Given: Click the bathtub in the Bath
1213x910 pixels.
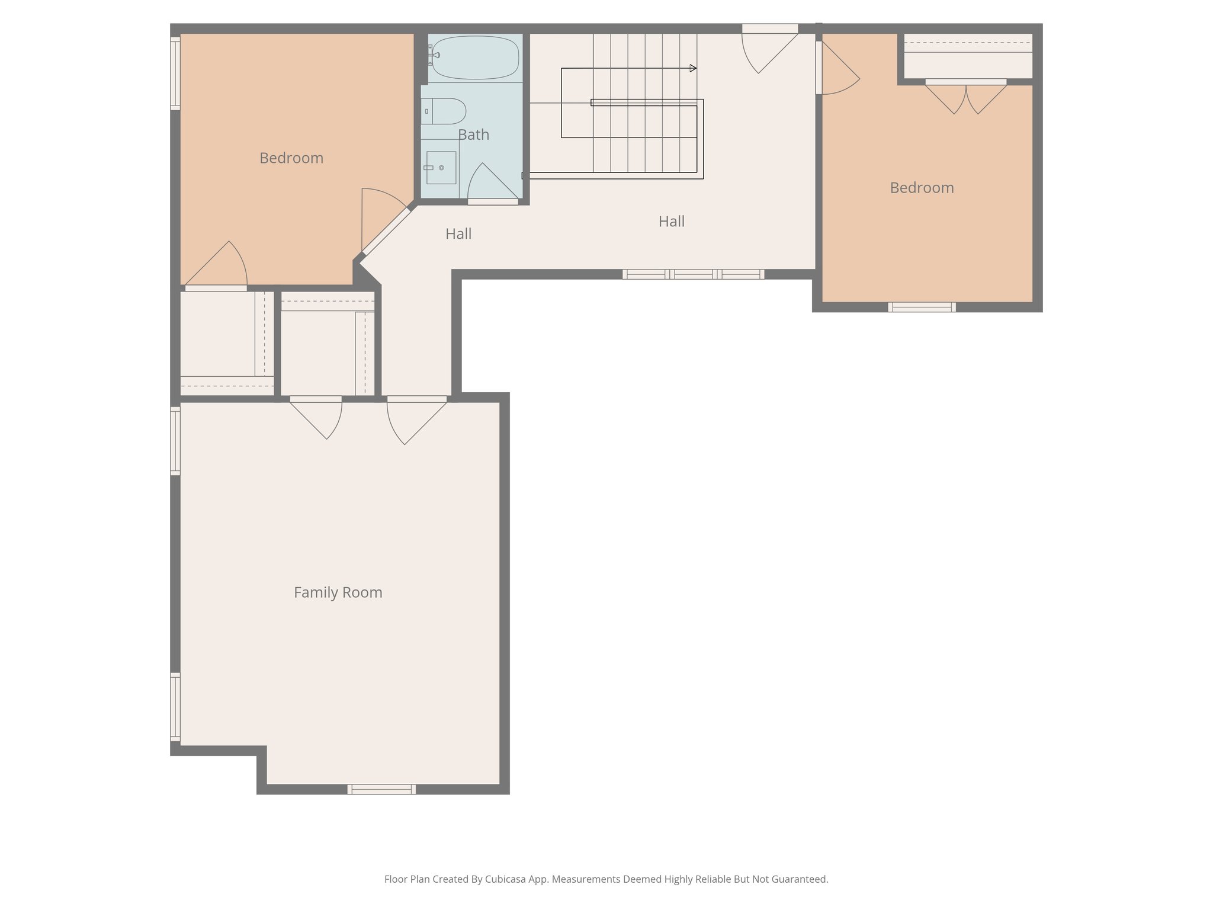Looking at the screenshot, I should (x=475, y=57).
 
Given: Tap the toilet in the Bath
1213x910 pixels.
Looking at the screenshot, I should (x=445, y=111).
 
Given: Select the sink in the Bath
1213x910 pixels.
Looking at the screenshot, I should (x=441, y=168).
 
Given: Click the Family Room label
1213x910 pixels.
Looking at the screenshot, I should (x=338, y=592).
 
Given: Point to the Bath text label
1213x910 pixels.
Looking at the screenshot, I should (x=473, y=135).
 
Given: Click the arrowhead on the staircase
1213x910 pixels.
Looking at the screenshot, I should (x=693, y=68).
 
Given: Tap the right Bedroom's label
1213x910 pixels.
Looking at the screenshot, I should (x=922, y=188).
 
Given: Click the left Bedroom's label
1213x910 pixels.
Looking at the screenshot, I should (x=291, y=158).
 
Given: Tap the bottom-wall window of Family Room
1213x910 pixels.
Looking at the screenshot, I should (x=381, y=789).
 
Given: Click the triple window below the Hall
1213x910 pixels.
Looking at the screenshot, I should (x=693, y=274).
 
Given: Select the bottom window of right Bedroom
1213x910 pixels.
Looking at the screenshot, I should (x=922, y=307).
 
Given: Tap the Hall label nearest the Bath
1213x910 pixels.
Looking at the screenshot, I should (x=458, y=234).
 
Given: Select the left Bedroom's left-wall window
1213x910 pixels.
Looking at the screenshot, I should (x=175, y=73).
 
